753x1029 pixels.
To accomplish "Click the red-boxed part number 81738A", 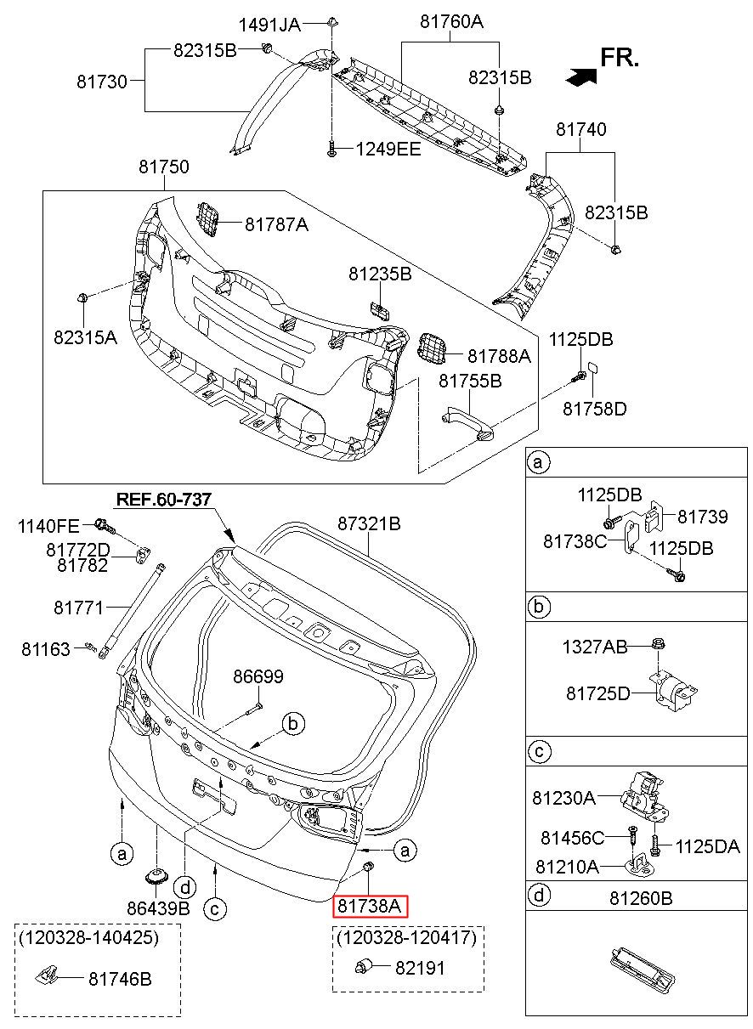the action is [370, 906].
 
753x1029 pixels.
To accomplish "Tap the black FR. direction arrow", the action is [581, 76].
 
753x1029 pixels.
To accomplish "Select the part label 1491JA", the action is [269, 25].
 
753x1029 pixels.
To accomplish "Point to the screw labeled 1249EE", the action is [331, 150].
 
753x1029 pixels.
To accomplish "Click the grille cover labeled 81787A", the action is [207, 219].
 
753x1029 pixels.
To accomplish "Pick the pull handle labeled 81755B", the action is [467, 421].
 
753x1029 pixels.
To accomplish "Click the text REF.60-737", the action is [164, 500].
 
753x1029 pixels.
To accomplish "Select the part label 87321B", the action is [369, 523].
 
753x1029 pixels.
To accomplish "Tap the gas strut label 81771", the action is [78, 608].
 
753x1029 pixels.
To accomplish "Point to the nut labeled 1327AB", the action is [658, 644].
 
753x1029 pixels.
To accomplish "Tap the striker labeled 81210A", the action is [641, 865].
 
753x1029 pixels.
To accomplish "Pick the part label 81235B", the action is [380, 274].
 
